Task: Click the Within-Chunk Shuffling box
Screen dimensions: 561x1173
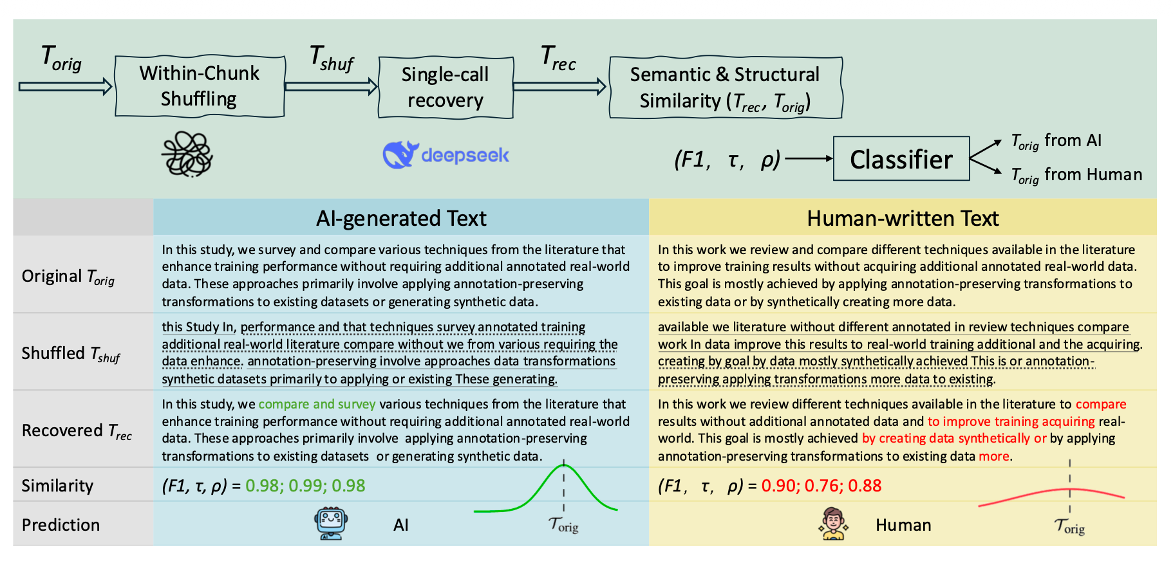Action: click(x=200, y=86)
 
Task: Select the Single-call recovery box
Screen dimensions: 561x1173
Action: click(x=446, y=87)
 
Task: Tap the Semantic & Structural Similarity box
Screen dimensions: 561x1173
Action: click(x=726, y=87)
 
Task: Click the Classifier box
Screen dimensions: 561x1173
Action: click(x=901, y=159)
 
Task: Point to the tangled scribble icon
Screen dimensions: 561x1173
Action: click(x=187, y=154)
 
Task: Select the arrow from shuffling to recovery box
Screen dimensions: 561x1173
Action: click(x=331, y=86)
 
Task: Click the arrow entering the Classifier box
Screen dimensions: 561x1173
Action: click(x=808, y=158)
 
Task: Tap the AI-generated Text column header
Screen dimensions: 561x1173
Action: click(x=401, y=218)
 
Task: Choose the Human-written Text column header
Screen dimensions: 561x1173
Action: click(x=903, y=218)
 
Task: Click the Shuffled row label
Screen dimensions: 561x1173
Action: click(x=71, y=354)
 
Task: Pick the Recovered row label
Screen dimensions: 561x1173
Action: click(x=77, y=431)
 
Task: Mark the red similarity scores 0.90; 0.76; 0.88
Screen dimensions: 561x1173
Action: click(x=821, y=486)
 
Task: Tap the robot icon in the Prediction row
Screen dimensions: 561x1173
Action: click(x=331, y=524)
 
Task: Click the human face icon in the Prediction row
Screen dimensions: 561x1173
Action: click(x=833, y=524)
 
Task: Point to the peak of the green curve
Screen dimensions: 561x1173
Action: click(x=564, y=464)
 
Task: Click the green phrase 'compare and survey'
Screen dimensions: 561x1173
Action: click(x=317, y=404)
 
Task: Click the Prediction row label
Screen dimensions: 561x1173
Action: click(x=61, y=525)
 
